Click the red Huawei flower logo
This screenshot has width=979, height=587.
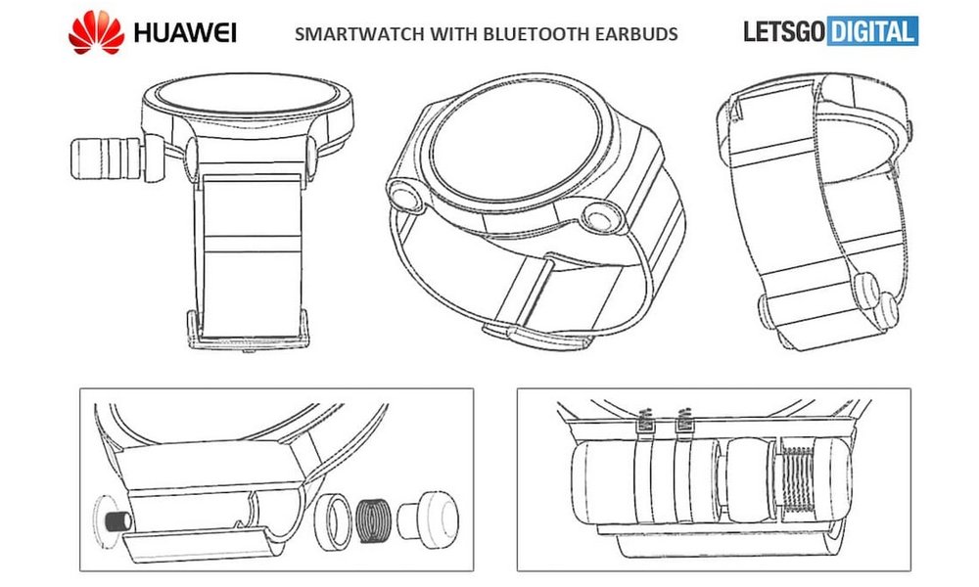pyautogui.click(x=96, y=32)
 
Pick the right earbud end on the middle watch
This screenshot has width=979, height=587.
pyautogui.click(x=594, y=216)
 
